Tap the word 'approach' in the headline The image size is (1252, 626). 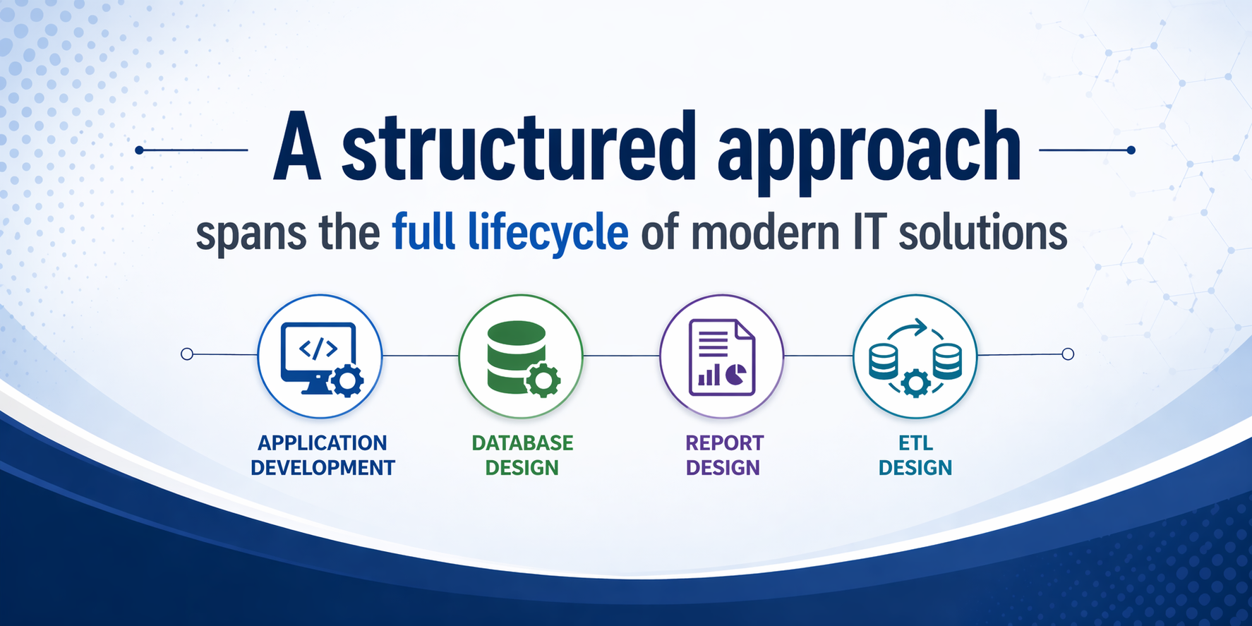pos(869,152)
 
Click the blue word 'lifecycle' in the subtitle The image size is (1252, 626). pos(548,232)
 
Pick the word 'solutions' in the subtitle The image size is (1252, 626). pos(982,232)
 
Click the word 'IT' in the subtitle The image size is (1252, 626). pos(869,232)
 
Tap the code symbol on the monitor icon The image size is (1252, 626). pos(318,348)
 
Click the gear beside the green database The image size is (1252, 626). pos(543,381)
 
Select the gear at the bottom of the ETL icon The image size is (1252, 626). pos(915,383)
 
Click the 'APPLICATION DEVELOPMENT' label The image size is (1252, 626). pos(323,455)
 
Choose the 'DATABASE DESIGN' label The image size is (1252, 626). pos(522,455)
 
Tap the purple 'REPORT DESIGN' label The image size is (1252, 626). pos(724,455)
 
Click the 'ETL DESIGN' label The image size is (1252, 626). pos(915,455)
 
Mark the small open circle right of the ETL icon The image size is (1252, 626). pos(1068,354)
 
